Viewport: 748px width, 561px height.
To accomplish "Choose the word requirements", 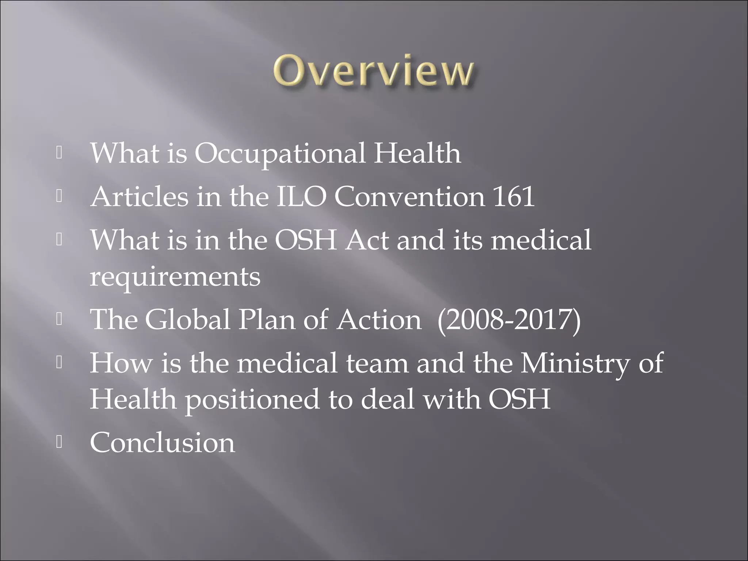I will [175, 277].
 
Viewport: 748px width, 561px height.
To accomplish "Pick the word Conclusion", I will [163, 443].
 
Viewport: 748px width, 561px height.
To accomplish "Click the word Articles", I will [139, 197].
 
